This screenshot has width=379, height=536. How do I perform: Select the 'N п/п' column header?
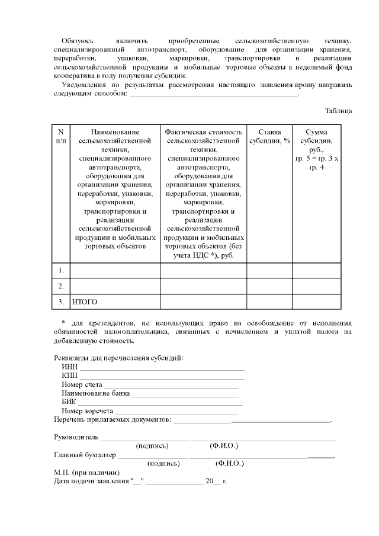coord(61,136)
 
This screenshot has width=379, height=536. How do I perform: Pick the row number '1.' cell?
coord(61,271)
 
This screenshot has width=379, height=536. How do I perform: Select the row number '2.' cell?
coord(61,287)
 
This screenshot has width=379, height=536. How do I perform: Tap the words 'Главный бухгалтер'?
coord(85,455)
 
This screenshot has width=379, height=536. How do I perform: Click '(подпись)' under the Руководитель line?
coord(152,445)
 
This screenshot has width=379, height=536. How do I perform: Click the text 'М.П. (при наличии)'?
coord(86,473)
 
